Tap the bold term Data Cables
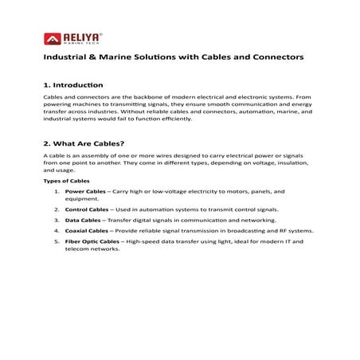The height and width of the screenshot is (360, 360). pos(83,220)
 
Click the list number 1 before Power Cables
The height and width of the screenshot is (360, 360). pos(56,191)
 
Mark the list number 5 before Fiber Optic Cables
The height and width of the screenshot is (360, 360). pos(56,241)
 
